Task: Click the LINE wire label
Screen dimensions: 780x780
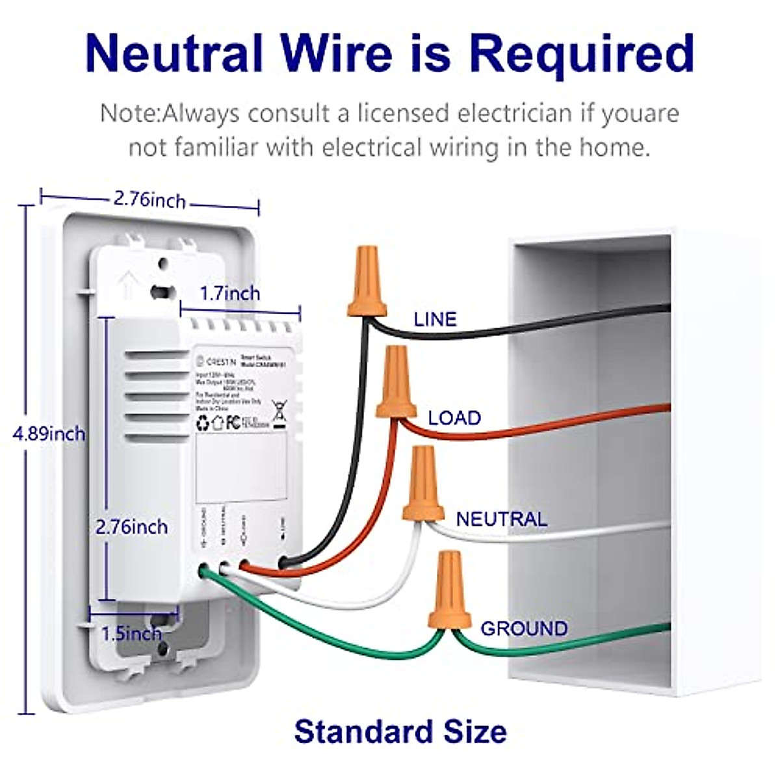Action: point(435,319)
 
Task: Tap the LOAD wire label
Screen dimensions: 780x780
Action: point(454,418)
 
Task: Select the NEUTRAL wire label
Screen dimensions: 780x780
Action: point(501,519)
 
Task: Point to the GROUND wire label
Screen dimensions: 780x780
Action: point(524,629)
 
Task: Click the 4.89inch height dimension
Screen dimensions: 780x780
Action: point(49,434)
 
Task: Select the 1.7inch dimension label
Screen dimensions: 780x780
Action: point(229,293)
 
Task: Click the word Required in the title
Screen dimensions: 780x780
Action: point(582,53)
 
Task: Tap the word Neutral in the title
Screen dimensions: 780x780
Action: point(174,53)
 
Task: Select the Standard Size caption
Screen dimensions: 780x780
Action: point(400,731)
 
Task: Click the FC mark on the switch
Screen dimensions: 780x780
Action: point(233,423)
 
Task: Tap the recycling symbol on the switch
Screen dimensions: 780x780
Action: point(203,424)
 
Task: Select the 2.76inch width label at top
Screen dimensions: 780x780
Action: point(149,199)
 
